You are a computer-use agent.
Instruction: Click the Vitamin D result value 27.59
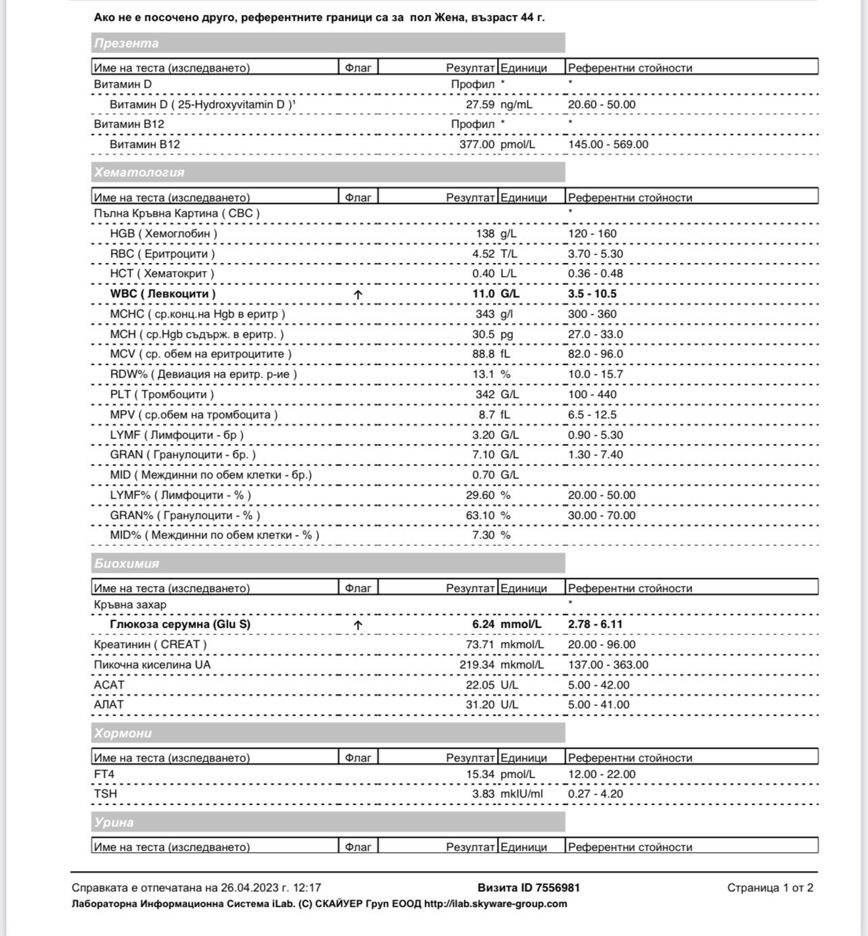[x=480, y=105]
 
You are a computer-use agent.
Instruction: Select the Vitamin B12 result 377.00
[x=477, y=145]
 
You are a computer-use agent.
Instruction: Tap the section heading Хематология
[x=139, y=172]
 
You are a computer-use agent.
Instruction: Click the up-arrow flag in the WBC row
[x=358, y=295]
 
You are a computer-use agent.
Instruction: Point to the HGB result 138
[x=485, y=234]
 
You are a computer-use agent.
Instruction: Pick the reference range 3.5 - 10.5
[x=592, y=294]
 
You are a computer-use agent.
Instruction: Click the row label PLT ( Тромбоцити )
[x=162, y=395]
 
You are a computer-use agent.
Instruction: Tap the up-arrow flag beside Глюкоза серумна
[x=358, y=625]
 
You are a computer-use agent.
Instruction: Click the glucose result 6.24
[x=483, y=624]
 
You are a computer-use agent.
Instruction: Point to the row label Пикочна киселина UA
[x=152, y=665]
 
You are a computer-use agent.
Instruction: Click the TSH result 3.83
[x=483, y=794]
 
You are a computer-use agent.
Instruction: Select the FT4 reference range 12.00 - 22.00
[x=602, y=774]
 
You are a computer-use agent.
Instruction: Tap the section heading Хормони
[x=123, y=733]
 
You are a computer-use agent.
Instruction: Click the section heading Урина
[x=114, y=822]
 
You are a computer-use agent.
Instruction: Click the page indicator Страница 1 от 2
[x=770, y=888]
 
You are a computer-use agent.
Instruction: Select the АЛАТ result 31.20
[x=480, y=705]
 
